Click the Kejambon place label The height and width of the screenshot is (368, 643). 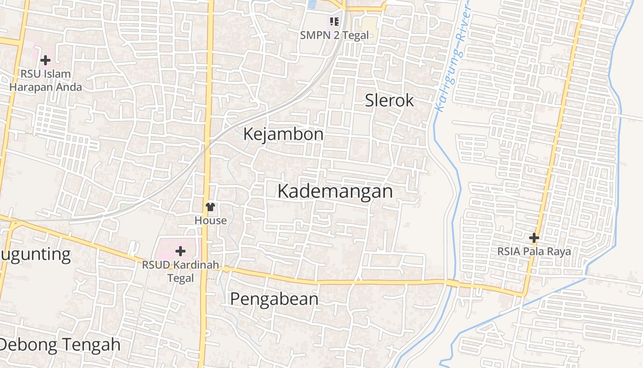pos(283,134)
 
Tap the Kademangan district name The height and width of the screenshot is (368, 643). pos(335,191)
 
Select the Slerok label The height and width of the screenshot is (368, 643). pos(389,100)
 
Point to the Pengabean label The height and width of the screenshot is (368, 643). pos(274,299)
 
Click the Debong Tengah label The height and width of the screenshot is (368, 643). pos(60,344)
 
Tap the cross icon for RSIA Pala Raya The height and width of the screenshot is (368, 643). pos(534,238)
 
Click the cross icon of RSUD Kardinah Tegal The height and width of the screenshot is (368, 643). pos(180,251)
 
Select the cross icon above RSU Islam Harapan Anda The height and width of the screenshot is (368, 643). pos(45,60)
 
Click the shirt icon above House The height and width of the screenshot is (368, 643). pos(210,207)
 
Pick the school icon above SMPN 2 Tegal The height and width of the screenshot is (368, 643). pos(334,21)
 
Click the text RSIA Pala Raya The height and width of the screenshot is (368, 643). pos(534,252)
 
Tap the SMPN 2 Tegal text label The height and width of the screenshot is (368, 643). pos(334,35)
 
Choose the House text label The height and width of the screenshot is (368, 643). pos(210,220)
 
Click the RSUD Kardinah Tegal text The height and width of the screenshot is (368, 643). pos(180,271)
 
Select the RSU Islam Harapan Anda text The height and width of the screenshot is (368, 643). pos(45,80)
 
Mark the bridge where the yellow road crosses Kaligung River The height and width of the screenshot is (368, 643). pos(452,283)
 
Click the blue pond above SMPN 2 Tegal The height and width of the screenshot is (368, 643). pos(312,4)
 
